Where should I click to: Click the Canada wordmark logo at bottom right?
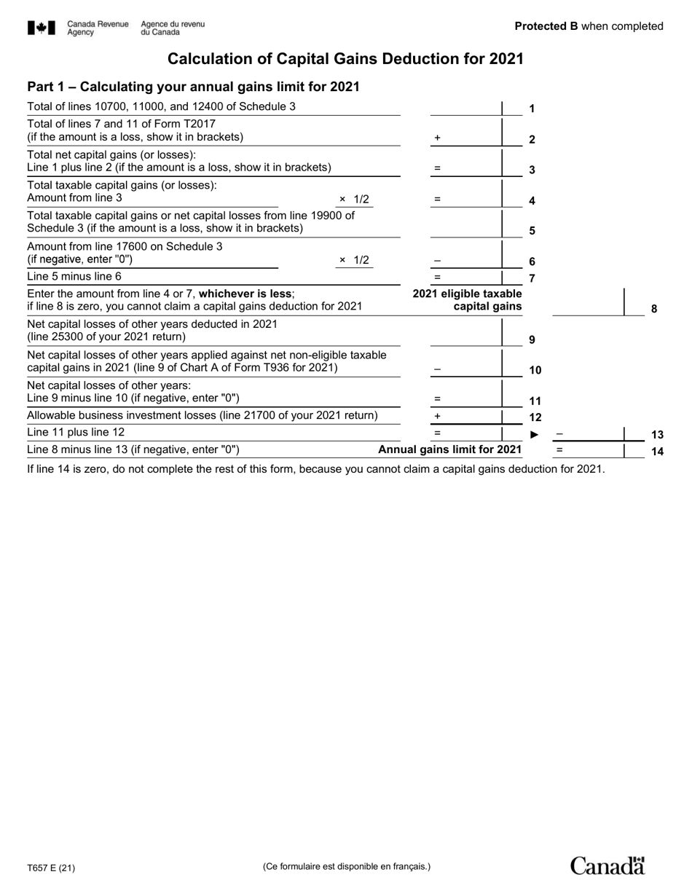[x=607, y=865]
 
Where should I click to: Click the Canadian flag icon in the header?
[x=42, y=28]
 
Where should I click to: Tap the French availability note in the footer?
[x=346, y=866]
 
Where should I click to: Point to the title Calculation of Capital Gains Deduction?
[x=345, y=59]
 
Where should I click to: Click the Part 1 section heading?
[x=193, y=87]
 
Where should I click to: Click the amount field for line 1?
[x=465, y=108]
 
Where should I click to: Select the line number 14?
[x=657, y=452]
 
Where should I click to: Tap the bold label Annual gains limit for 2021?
[x=449, y=449]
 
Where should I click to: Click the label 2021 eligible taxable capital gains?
[x=467, y=299]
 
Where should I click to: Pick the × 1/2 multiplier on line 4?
[x=354, y=199]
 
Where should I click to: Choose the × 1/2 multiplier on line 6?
[x=354, y=260]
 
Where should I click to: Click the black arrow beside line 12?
[x=534, y=435]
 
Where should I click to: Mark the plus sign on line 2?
[x=437, y=138]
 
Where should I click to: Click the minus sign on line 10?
[x=437, y=369]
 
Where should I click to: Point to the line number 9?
[x=532, y=339]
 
